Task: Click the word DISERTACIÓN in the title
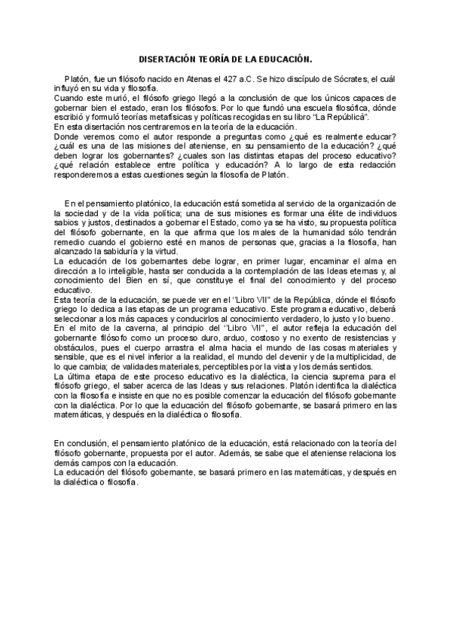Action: click(169, 58)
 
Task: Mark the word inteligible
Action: click(144, 271)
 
